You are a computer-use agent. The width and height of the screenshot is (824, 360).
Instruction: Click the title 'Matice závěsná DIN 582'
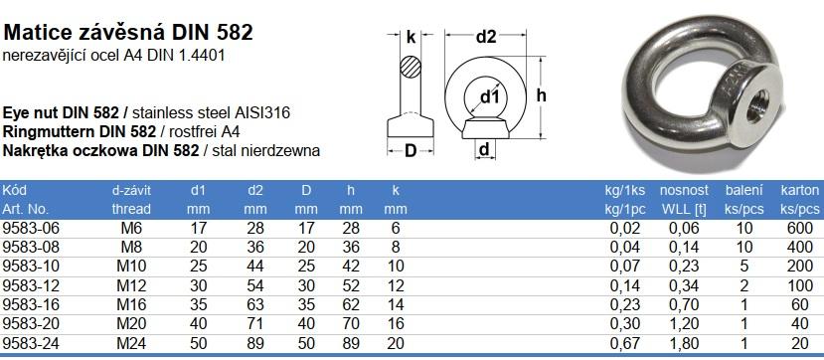point(128,33)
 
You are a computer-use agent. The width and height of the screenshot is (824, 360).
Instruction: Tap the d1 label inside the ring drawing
point(490,96)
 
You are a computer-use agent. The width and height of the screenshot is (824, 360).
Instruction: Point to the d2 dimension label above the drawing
point(486,37)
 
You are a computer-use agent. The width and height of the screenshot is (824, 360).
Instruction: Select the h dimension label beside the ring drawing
point(542,95)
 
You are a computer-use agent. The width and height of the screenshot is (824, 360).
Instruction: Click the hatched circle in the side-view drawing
point(411,67)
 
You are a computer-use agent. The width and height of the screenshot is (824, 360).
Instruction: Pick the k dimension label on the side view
point(411,37)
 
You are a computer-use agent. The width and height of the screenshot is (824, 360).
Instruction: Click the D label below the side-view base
point(411,151)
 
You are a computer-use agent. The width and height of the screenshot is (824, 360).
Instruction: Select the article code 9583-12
point(32,285)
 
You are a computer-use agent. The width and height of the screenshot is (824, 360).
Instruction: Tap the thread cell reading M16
point(130,305)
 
